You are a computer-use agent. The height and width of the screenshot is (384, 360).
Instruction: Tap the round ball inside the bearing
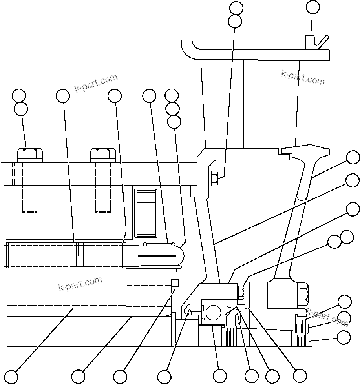coord(214,313)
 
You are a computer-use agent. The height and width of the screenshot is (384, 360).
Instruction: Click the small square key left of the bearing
coord(175,283)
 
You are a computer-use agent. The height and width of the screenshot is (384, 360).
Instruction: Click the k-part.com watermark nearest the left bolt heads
coord(96,83)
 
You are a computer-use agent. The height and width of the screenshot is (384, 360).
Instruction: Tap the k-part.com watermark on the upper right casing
coord(303,78)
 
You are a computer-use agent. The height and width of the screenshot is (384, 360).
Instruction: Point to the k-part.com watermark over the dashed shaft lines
coord(80,284)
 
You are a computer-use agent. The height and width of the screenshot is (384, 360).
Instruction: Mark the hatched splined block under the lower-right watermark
coord(299,339)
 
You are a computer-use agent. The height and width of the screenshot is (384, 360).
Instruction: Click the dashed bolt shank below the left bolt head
coord(30,186)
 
